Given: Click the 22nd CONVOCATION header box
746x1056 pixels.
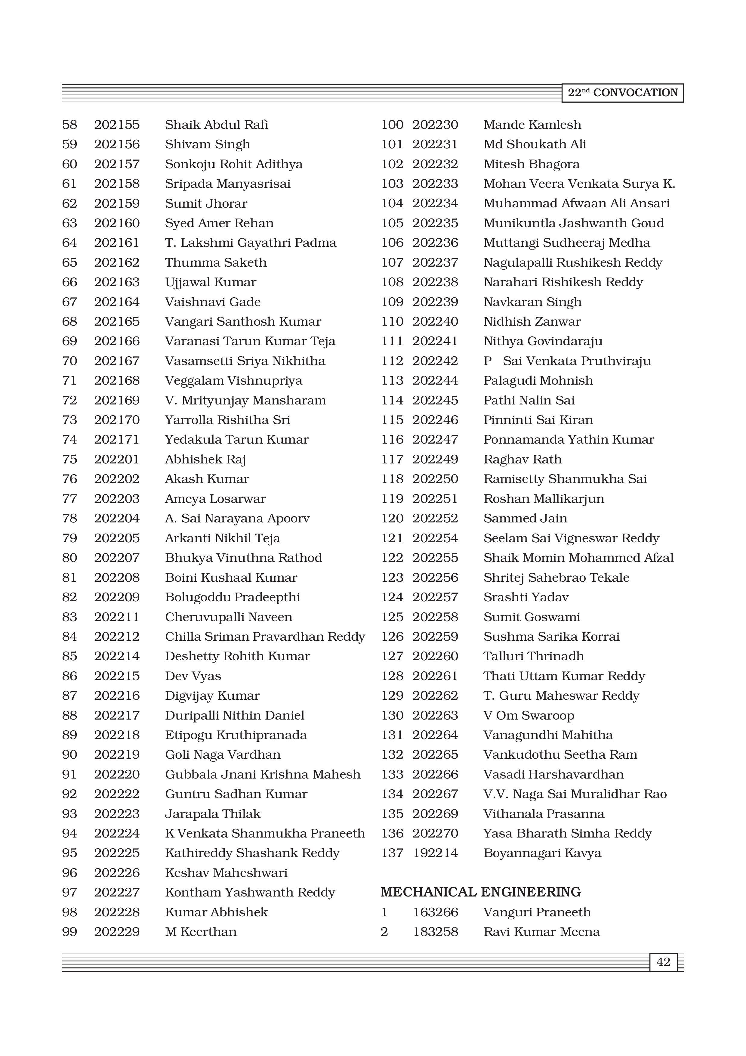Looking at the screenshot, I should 622,93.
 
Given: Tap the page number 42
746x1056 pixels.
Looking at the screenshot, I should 663,962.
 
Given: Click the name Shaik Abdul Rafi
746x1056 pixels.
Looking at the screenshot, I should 217,125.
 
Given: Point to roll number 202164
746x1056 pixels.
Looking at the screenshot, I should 117,302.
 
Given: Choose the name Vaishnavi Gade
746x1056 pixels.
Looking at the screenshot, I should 213,302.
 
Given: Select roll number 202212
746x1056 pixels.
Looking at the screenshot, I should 117,636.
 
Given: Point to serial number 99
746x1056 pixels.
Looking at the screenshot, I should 69,932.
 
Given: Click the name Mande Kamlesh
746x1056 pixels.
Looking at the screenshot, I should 532,125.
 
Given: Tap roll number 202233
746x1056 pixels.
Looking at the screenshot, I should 435,184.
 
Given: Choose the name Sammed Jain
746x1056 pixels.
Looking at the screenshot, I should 525,518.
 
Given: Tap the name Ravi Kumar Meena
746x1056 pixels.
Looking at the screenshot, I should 541,932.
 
